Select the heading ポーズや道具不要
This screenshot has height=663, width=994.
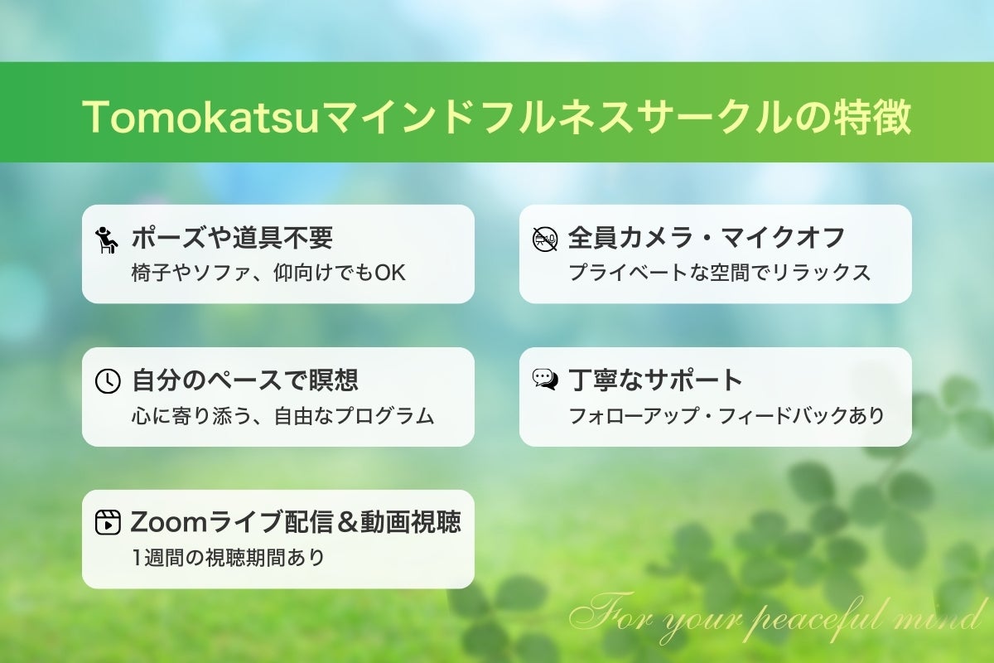[x=232, y=239]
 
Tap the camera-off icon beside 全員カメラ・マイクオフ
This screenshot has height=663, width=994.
[x=544, y=239]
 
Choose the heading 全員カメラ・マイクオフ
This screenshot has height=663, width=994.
[x=707, y=239]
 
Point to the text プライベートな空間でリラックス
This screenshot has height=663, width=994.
[x=719, y=273]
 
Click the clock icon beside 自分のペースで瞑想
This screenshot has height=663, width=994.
[x=107, y=380]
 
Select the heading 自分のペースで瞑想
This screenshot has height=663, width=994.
[x=245, y=380]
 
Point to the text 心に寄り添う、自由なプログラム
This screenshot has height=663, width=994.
[x=282, y=415]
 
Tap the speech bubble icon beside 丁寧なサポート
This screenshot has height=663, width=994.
[x=544, y=380]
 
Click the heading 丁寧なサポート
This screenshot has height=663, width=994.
[x=655, y=380]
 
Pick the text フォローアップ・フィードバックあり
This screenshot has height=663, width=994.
[x=726, y=415]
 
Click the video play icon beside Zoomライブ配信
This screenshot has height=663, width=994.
[x=107, y=523]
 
